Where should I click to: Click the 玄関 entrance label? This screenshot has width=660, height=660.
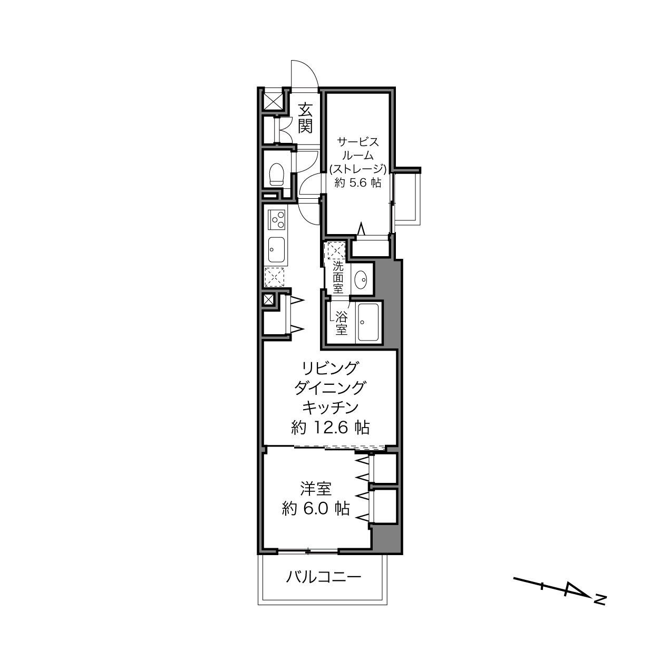tap(305, 118)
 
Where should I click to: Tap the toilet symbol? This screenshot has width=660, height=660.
tap(277, 174)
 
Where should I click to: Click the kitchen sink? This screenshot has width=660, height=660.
tap(276, 250)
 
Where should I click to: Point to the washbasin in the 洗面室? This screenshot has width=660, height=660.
tap(361, 280)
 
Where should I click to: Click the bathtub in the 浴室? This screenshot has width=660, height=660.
tap(368, 322)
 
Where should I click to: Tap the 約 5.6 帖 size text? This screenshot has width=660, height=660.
tap(358, 182)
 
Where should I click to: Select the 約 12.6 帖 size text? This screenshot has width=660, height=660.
tap(330, 428)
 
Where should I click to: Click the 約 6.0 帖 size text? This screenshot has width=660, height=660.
tap(316, 509)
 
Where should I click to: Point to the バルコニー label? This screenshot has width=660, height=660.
tap(324, 577)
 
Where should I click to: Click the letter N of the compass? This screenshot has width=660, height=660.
tap(600, 609)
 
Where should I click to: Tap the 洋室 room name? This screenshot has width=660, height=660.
tap(316, 489)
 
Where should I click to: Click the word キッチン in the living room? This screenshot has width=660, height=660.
tap(330, 407)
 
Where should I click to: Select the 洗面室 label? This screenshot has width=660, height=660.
tap(338, 277)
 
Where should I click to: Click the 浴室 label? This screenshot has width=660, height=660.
tap(342, 323)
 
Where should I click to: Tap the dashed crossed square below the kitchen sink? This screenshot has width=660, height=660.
tap(274, 277)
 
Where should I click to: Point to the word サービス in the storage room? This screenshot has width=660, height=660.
tap(358, 141)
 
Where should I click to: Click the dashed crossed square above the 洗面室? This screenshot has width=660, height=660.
tap(336, 250)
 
